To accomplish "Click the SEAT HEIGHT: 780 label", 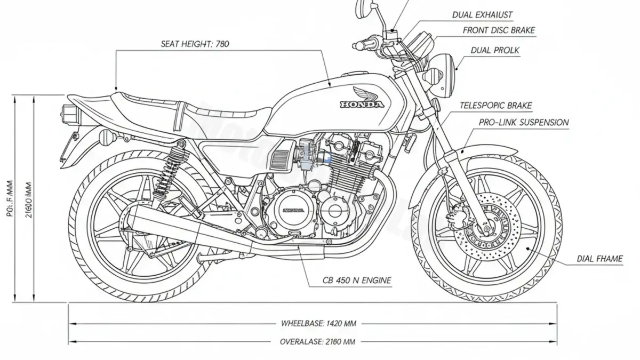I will click(195, 44).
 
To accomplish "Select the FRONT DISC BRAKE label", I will click(499, 30).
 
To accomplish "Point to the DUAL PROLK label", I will click(495, 50).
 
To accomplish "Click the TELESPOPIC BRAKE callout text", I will click(495, 106).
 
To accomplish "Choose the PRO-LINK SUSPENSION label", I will click(523, 123).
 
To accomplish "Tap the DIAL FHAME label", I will click(599, 259).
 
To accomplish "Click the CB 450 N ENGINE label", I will click(357, 280).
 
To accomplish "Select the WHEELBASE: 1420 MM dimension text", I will click(318, 323).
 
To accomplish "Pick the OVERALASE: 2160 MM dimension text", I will click(317, 342).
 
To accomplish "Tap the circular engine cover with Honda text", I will click(291, 211).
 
